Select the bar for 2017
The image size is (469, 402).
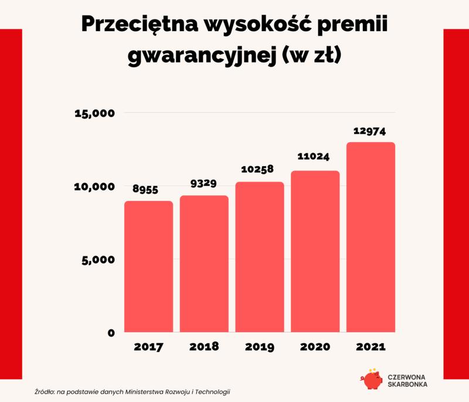[x=148, y=267]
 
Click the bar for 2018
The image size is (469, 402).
[x=204, y=264]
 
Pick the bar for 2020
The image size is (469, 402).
[x=315, y=252]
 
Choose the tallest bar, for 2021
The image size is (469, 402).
[x=371, y=238]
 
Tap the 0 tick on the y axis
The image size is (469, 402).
[x=111, y=333]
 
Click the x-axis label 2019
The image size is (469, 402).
[x=260, y=347]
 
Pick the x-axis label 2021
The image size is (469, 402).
[x=371, y=347]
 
